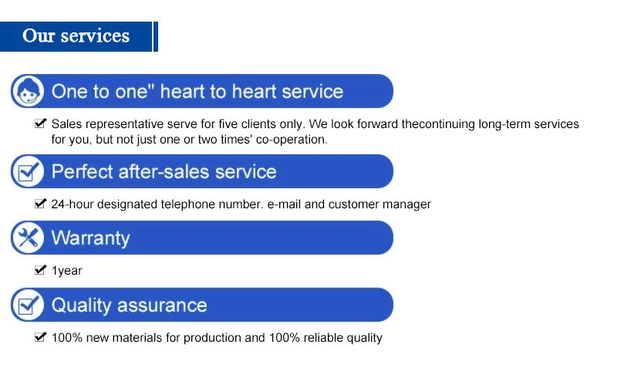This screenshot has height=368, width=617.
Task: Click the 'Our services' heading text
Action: [76, 35]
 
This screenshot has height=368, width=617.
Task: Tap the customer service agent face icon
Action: [28, 91]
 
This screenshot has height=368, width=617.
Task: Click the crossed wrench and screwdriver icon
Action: [28, 238]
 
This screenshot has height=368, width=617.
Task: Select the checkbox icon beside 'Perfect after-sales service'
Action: [28, 171]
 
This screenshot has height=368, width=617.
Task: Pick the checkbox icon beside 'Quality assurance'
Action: [28, 305]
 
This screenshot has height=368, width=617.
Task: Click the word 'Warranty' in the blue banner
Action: [90, 238]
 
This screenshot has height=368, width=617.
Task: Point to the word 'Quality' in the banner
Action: [82, 306]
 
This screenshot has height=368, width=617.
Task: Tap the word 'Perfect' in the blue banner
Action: [83, 171]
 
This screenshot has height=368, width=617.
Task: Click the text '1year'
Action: [67, 271]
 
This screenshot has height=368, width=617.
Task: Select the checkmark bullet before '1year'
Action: [40, 269]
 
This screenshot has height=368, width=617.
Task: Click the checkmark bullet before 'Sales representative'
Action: [40, 123]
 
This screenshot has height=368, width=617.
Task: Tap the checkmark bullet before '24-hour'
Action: [40, 204]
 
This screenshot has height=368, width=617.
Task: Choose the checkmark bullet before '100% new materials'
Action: [40, 336]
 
